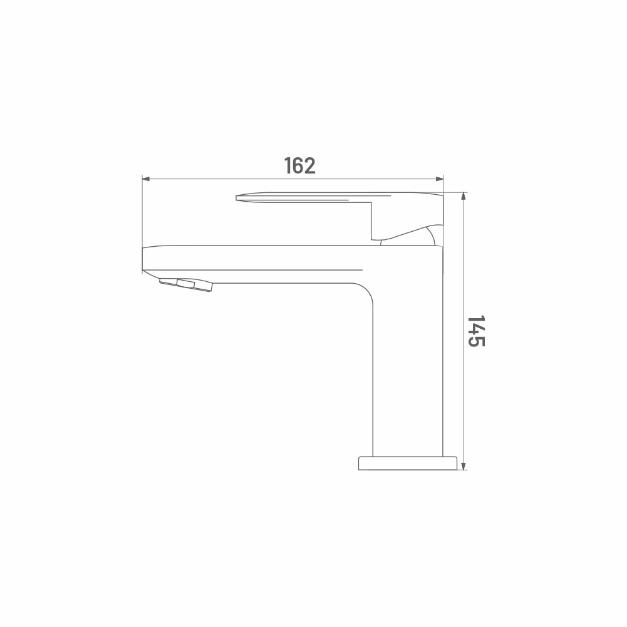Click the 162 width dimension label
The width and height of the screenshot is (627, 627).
299,165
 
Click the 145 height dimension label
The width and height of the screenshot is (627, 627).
476,331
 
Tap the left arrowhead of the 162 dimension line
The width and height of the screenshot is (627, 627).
146,179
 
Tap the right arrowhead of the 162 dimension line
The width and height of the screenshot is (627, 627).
440,179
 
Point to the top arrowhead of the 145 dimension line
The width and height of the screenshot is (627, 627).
463,196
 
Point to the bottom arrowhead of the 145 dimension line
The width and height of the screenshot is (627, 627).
463,466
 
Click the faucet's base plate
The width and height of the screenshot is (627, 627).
408,464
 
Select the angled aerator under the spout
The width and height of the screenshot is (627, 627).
186,285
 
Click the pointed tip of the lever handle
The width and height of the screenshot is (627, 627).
236,198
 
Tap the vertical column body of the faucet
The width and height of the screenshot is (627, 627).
408,370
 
